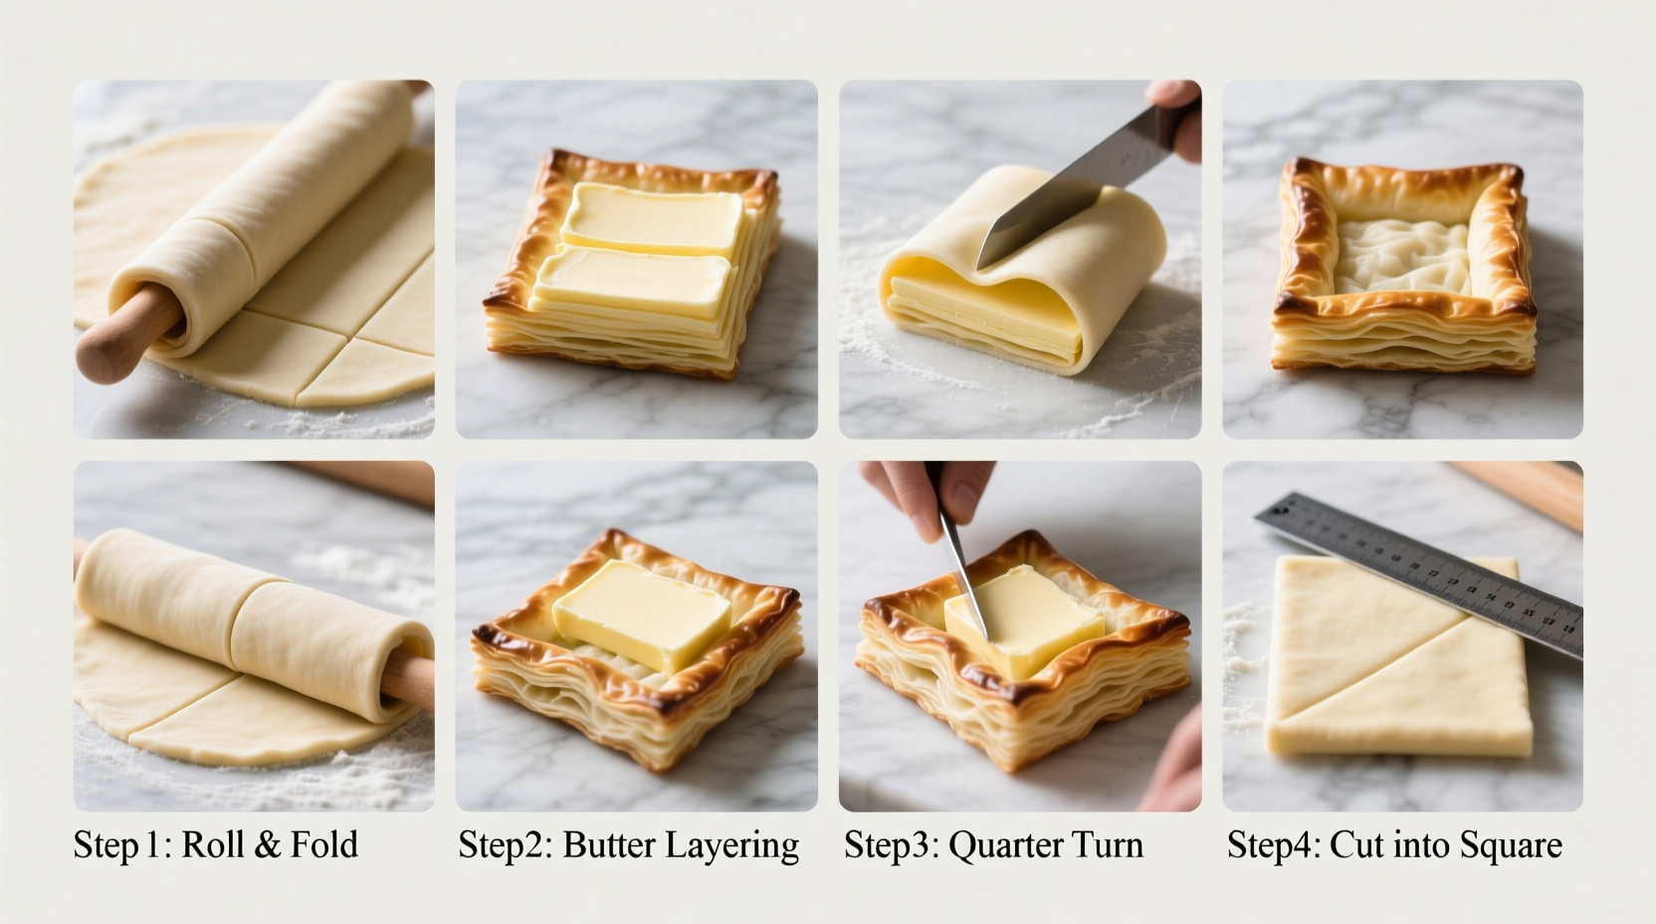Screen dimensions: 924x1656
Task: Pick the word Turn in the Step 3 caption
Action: tap(1107, 845)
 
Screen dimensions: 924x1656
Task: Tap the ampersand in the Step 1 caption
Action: tap(268, 845)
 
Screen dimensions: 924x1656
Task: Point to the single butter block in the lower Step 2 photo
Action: tap(641, 614)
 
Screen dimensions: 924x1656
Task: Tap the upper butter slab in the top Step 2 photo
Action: tap(653, 218)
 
